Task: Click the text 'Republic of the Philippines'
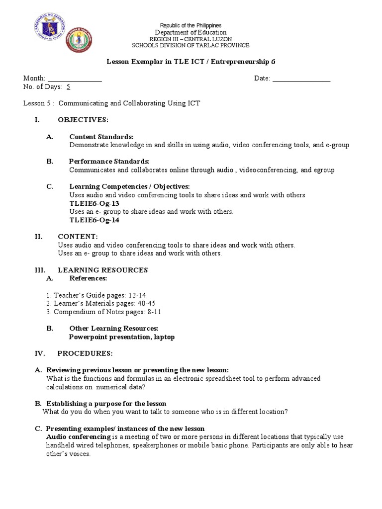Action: coord(191,25)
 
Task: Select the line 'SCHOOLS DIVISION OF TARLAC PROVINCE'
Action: coord(191,45)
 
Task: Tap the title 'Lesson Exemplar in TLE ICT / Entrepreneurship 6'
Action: coord(191,62)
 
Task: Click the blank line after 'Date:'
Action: coord(301,79)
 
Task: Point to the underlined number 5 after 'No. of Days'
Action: coord(69,86)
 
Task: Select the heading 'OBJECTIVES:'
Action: coord(83,120)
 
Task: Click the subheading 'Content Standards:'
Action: coord(101,137)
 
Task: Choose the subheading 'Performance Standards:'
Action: coord(109,162)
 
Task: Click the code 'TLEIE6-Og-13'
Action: coord(95,203)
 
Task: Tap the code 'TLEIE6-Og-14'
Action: coord(95,220)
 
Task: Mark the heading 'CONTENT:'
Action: coord(78,237)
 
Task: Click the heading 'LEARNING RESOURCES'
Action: coord(103,270)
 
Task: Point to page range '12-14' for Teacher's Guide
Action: coord(136,295)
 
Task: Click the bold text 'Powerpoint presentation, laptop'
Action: coord(122,337)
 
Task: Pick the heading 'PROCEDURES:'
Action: coord(85,353)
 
